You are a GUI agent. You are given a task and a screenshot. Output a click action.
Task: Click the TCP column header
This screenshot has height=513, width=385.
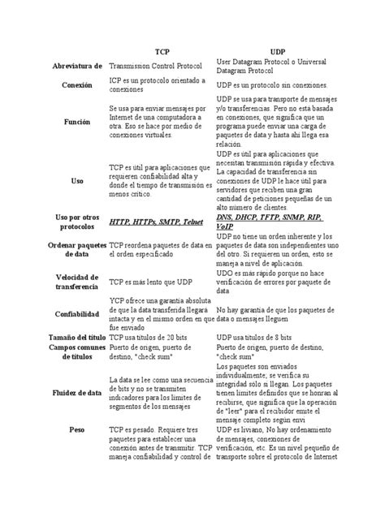(162, 50)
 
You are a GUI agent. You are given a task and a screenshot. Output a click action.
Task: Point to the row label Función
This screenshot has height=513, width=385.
(76, 121)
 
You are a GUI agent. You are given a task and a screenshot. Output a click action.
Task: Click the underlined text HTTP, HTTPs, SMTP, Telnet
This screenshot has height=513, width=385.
(156, 222)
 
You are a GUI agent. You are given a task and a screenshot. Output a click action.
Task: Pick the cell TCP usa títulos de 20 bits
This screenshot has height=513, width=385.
(154, 337)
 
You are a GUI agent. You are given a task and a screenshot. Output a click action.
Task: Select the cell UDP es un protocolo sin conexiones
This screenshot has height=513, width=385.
(271, 84)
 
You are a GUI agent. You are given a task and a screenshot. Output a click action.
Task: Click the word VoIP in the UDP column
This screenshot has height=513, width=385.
(226, 226)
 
